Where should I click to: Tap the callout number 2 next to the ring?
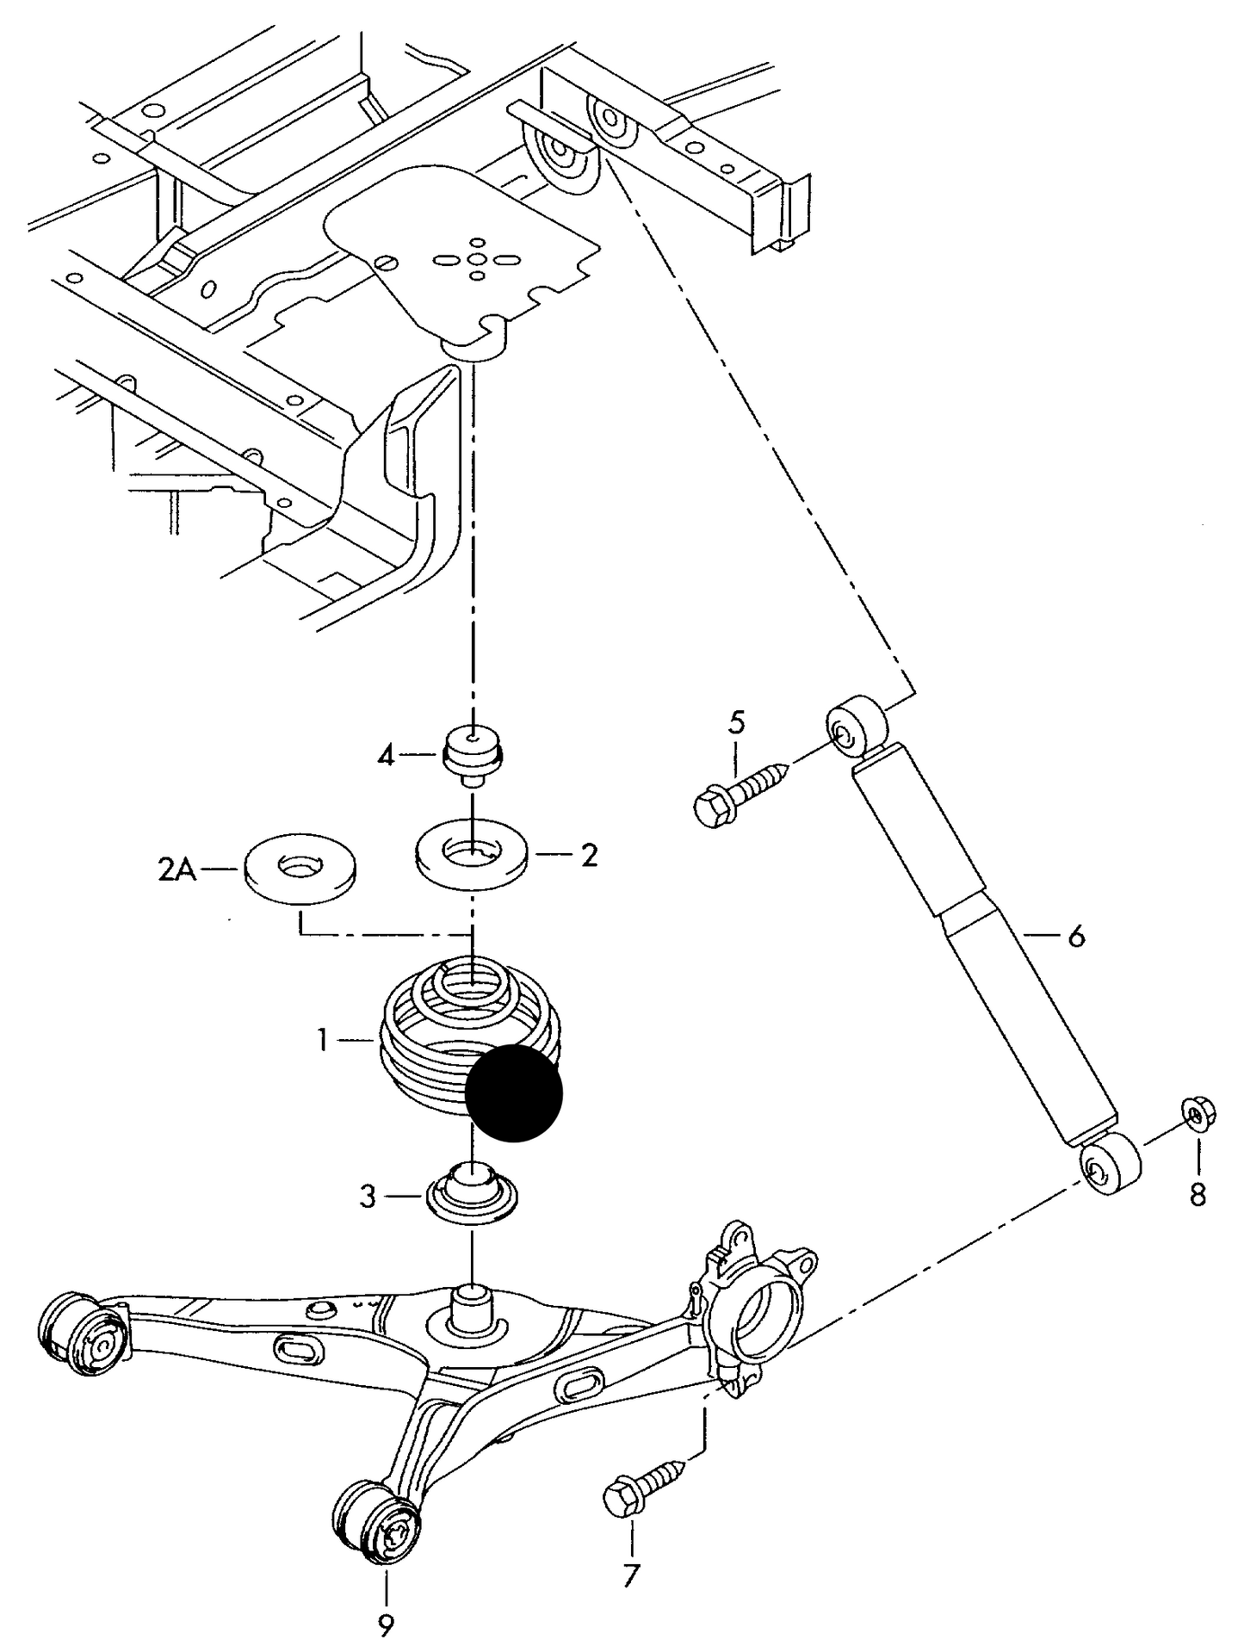[589, 856]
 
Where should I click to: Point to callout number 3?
[368, 1197]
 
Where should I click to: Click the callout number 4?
[387, 757]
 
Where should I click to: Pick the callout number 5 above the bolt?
[737, 721]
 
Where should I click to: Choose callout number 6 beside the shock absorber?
[1076, 936]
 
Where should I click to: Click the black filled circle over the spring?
[513, 1093]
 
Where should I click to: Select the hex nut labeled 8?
[1195, 1117]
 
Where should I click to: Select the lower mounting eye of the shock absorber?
[1111, 1164]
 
